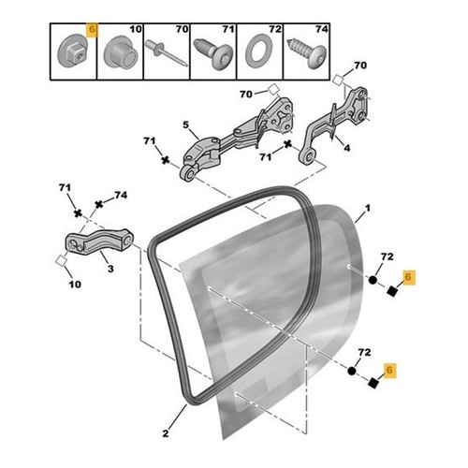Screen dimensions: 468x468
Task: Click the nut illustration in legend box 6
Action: coord(73,52)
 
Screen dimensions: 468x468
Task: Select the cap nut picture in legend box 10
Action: coord(121,52)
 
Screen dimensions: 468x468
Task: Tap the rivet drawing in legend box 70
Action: coord(166,53)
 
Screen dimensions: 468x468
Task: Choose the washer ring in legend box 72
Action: coord(259,51)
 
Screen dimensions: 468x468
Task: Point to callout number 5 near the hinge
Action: coord(186,125)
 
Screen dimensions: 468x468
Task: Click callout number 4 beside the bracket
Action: coord(346,148)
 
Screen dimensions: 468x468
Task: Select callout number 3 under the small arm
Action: coord(110,269)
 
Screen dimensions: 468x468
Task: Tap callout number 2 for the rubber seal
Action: coord(166,433)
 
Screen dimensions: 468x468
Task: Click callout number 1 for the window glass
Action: coord(368,208)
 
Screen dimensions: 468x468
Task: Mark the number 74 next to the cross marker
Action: coord(121,195)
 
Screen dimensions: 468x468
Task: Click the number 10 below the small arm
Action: coord(75,285)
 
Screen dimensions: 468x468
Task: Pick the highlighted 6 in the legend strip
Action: coord(93,30)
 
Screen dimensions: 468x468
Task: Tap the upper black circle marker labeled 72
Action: coord(373,280)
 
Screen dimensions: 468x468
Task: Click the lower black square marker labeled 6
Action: coord(373,383)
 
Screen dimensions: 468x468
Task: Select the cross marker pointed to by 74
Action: coord(99,205)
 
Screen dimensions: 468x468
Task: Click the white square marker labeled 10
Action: coord(61,261)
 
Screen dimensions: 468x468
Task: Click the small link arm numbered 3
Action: coord(99,242)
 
